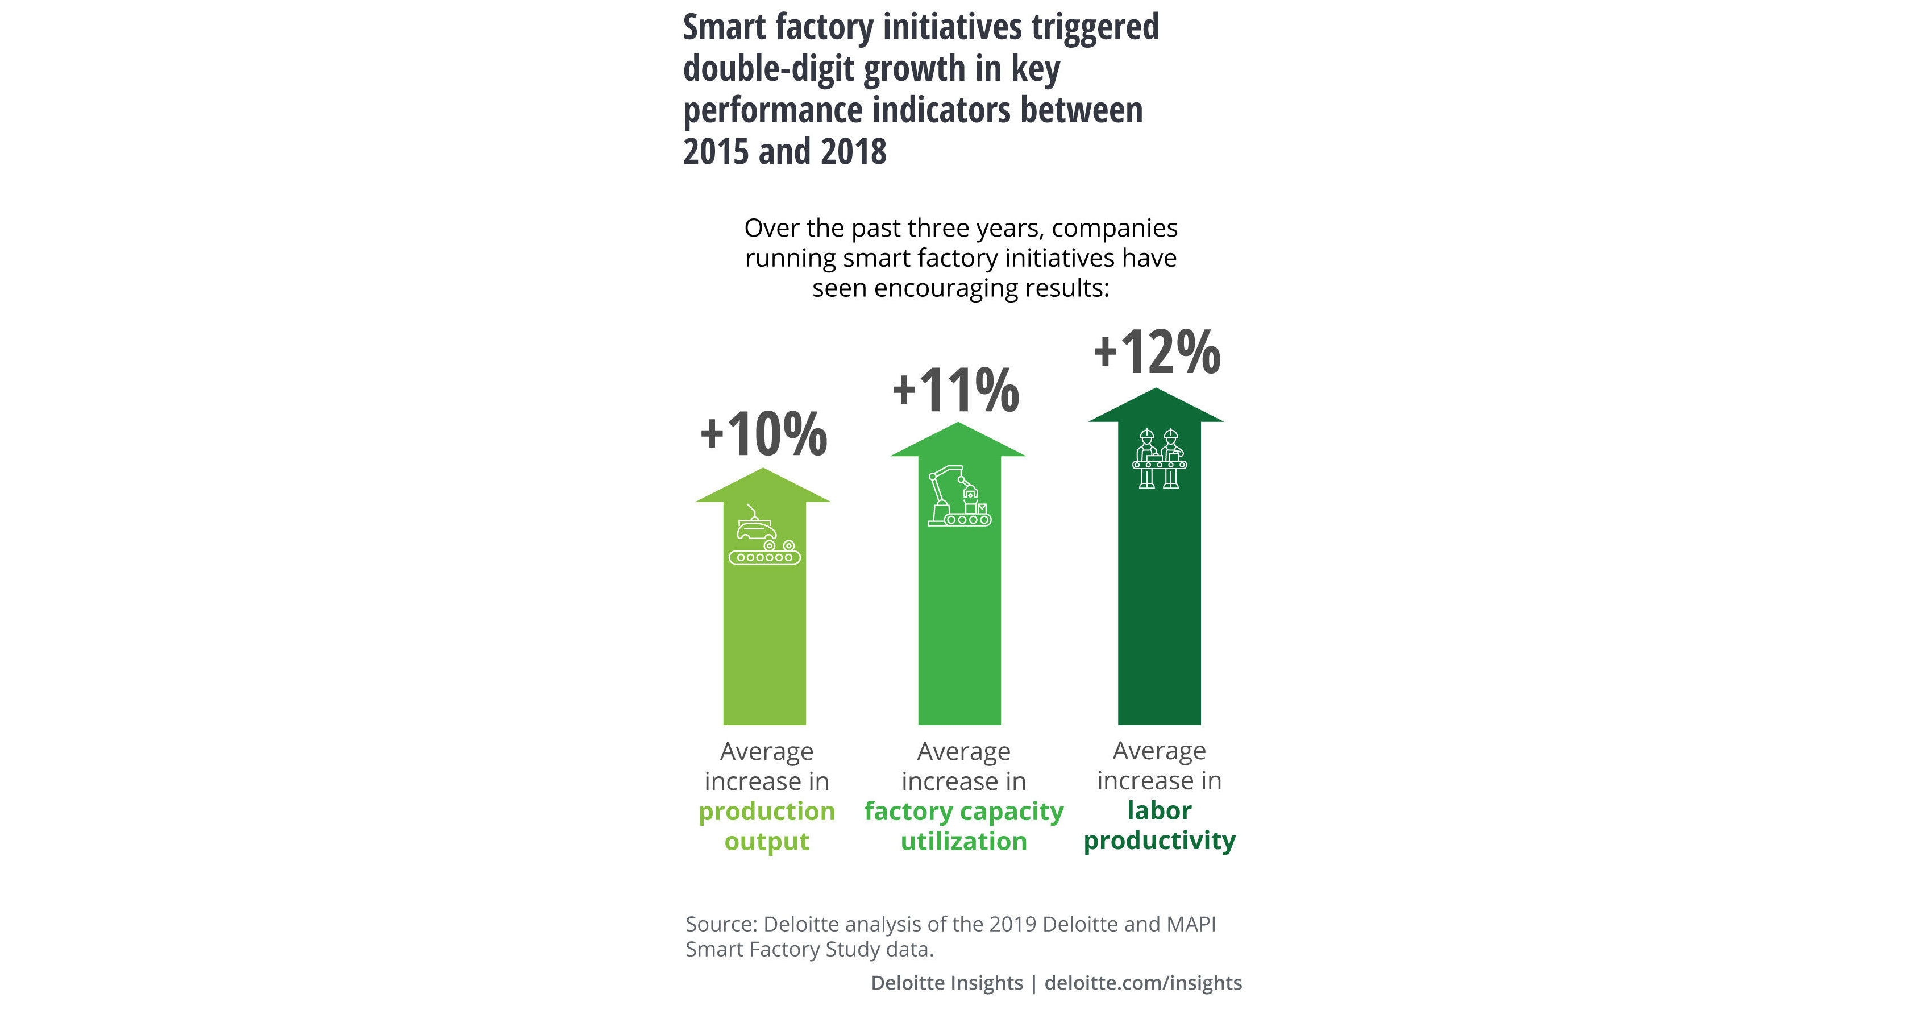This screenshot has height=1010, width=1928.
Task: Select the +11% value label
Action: [956, 390]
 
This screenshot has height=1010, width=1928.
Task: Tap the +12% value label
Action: [1157, 352]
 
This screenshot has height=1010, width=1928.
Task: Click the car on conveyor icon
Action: [764, 536]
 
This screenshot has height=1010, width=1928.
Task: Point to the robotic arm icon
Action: [959, 496]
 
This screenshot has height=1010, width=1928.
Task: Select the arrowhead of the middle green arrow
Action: [957, 440]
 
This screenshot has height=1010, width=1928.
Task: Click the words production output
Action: [766, 826]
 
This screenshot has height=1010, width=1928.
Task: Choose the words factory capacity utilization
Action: [963, 826]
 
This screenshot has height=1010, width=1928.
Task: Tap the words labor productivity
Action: [1160, 825]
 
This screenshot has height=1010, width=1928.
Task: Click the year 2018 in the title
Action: [853, 152]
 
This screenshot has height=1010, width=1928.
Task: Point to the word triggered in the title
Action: [1095, 28]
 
